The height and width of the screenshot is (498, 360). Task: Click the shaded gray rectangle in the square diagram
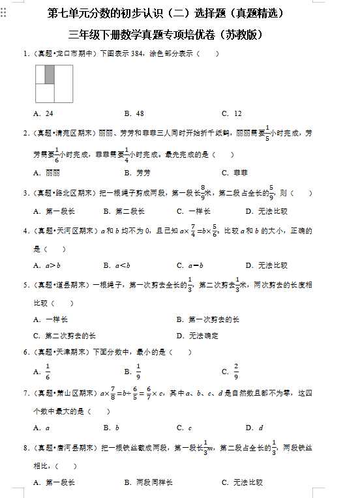50,75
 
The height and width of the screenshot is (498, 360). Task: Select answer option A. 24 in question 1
44,113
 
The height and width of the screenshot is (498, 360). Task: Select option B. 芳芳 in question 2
137,173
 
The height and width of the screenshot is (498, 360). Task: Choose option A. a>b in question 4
47,265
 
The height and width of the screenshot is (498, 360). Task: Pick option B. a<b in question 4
117,265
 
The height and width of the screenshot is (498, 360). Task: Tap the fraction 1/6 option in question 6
44,372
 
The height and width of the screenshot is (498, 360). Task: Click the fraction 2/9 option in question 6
232,372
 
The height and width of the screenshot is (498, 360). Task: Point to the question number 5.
25,286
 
